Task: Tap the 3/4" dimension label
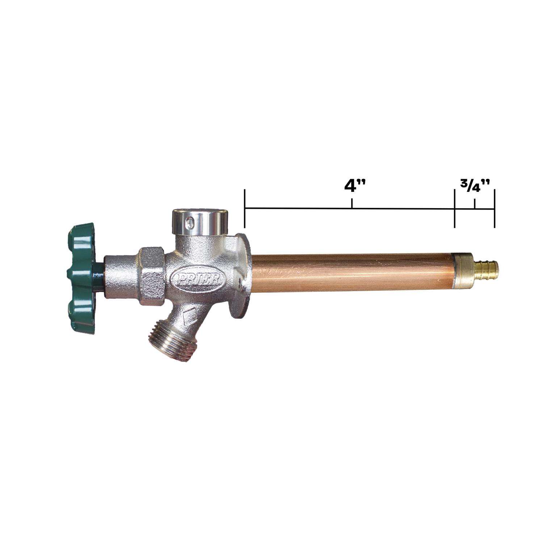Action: [x=475, y=187]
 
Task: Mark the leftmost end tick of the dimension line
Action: [x=245, y=209]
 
